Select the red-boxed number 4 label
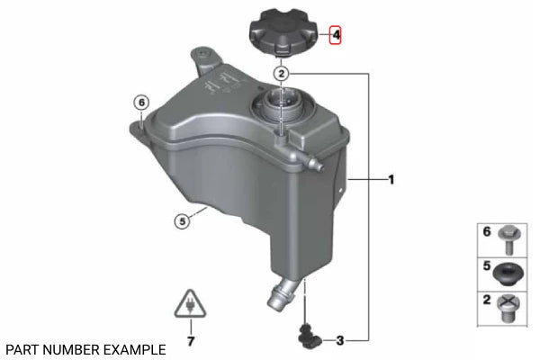pos(336,36)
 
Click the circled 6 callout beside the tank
pos(140,102)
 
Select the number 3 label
pos(340,340)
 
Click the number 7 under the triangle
pos(190,341)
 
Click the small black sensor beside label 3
pos(310,336)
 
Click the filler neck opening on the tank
pos(281,105)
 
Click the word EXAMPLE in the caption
pos(133,348)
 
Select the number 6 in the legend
pos(486,231)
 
